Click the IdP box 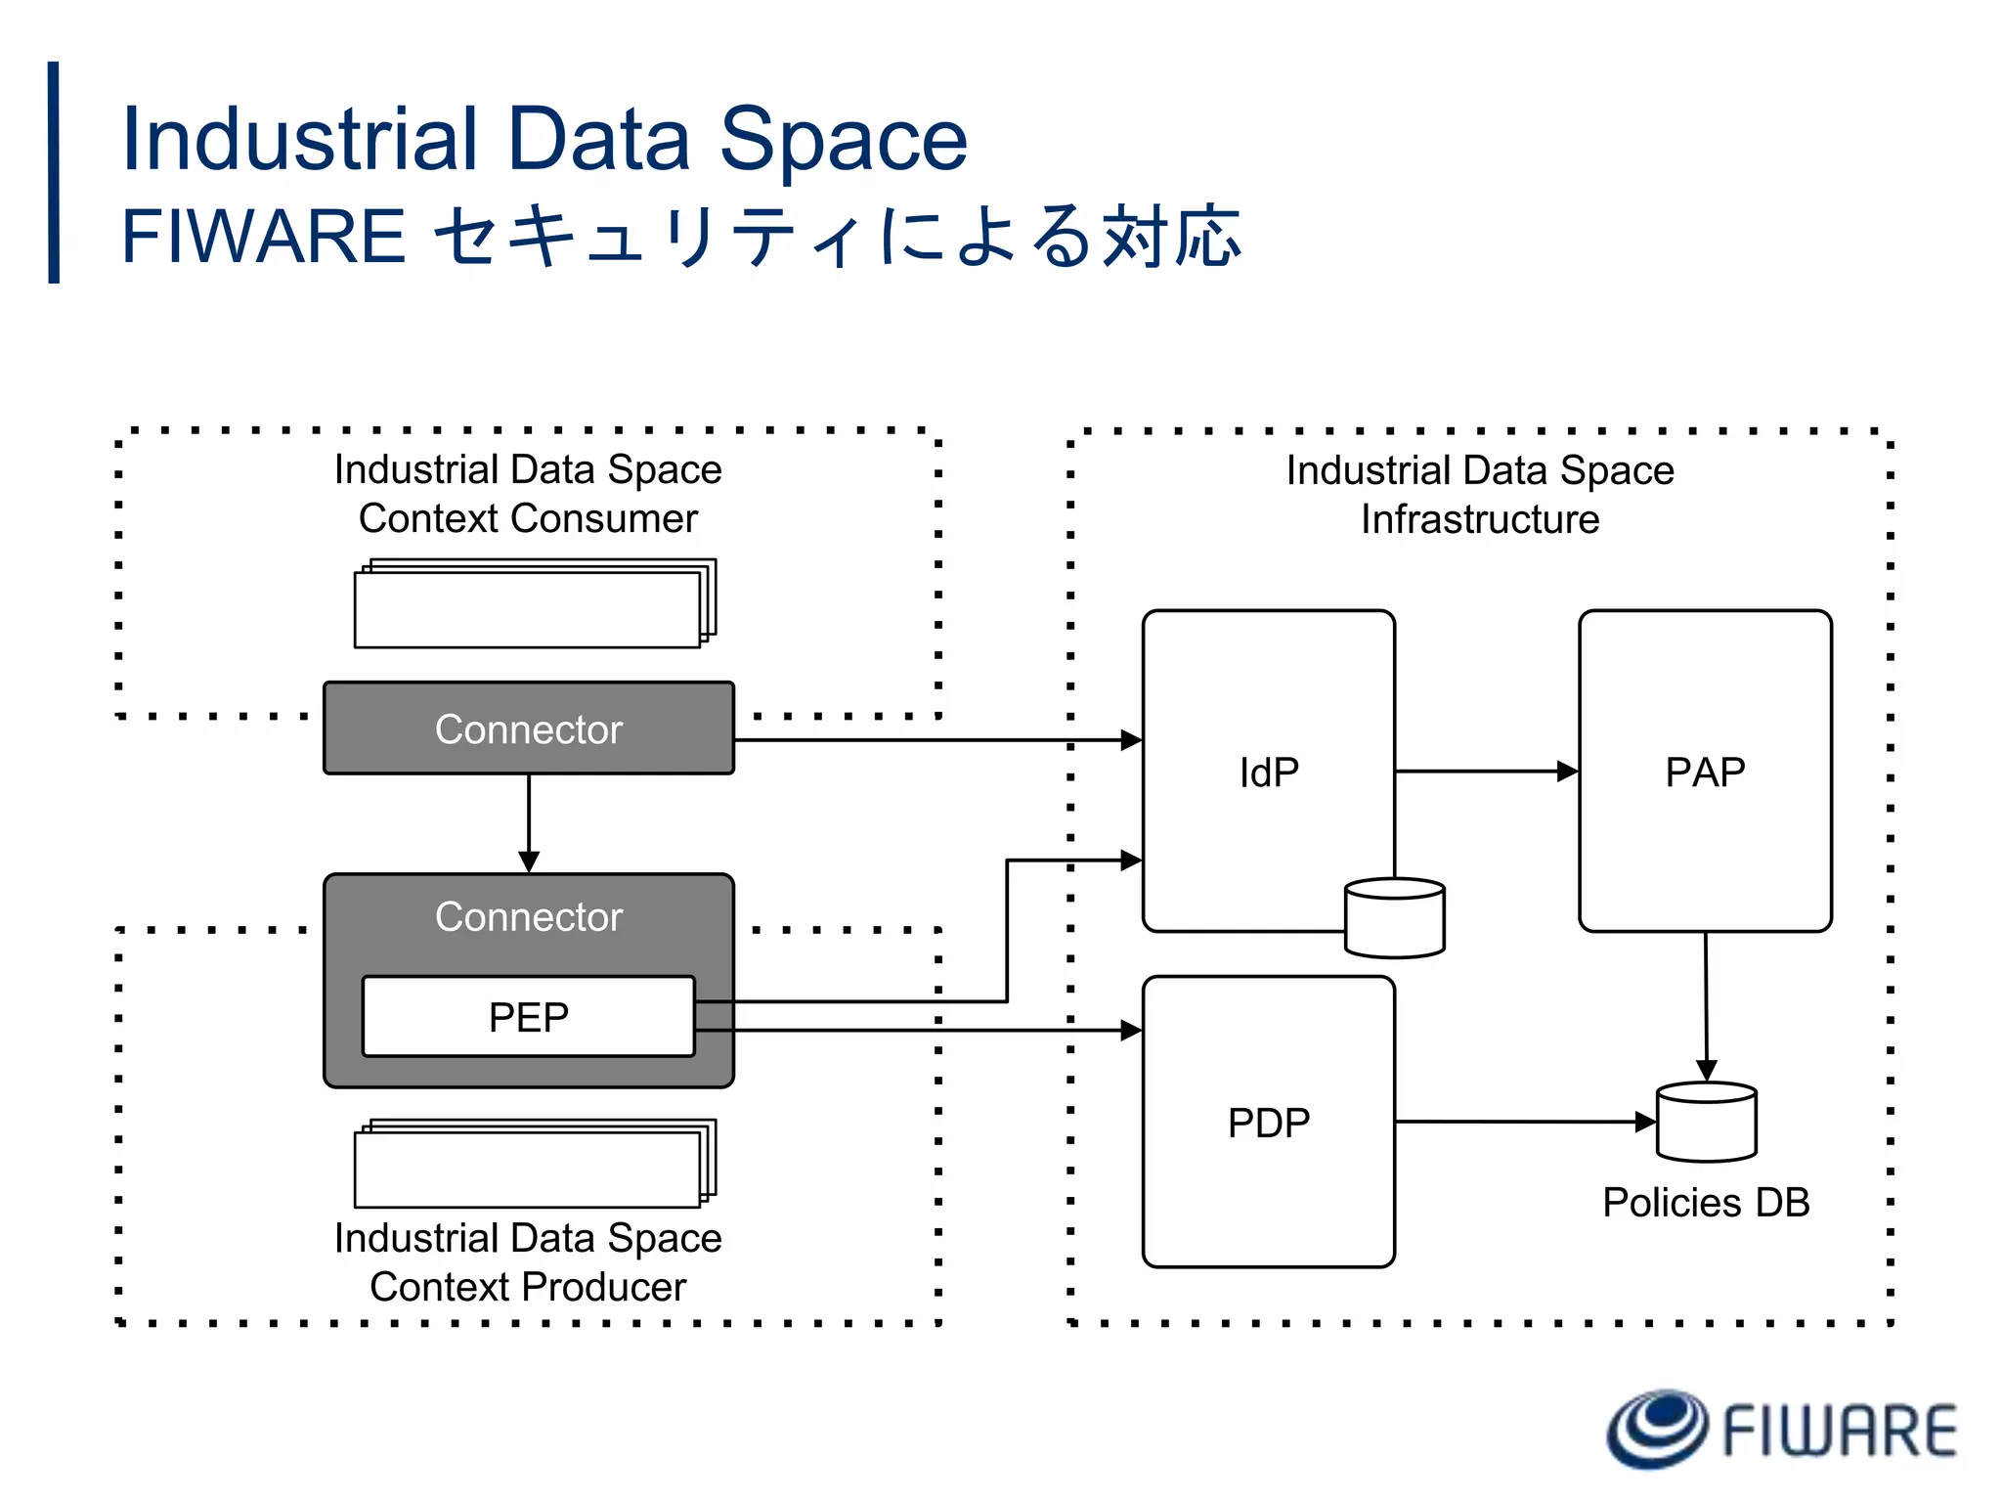point(1268,772)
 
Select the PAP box point(1705,772)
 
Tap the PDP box point(1268,1122)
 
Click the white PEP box point(528,1017)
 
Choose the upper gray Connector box point(528,729)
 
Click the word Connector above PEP point(528,916)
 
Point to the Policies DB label point(1706,1202)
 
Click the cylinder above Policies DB point(1707,1123)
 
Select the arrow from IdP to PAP point(1486,772)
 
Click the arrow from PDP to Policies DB point(1525,1122)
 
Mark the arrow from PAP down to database point(1706,1007)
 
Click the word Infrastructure point(1480,519)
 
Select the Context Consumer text point(528,518)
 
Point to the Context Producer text point(528,1287)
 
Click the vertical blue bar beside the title point(54,172)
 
